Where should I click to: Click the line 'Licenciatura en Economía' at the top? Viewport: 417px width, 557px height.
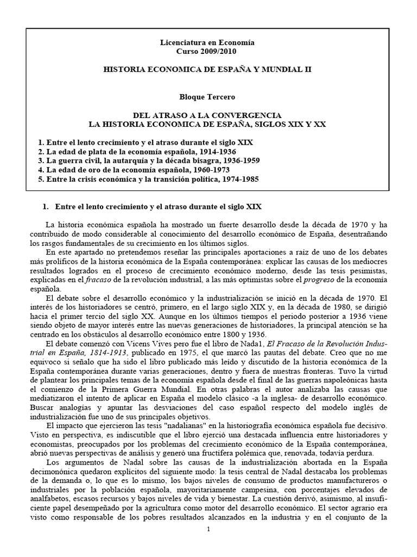tap(208, 42)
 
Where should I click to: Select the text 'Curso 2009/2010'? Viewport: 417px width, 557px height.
tap(208, 51)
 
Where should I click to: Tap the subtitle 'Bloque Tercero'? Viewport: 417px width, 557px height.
tap(208, 96)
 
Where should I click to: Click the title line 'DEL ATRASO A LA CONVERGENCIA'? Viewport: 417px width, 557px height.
tap(208, 116)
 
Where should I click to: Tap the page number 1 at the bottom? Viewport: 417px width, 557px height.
tap(208, 529)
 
